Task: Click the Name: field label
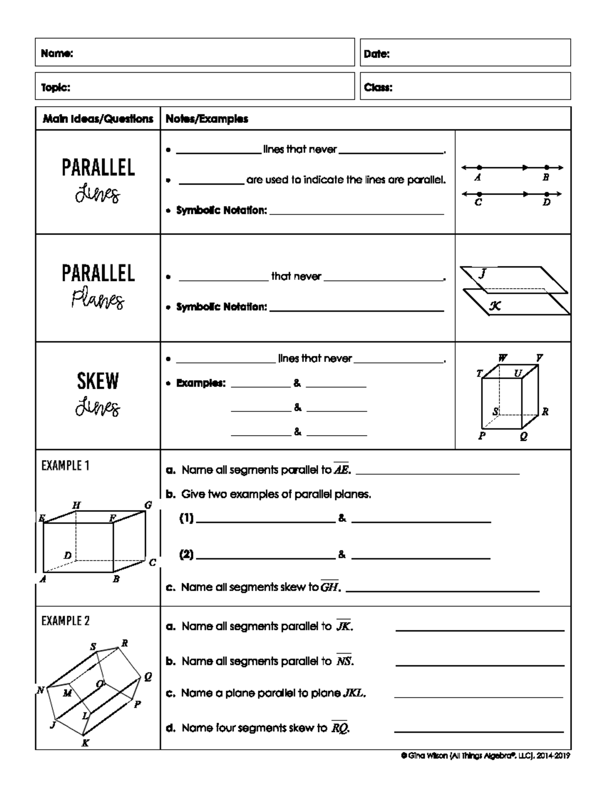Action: tap(57, 54)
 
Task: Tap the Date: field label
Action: tap(377, 54)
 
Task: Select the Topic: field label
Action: tap(56, 87)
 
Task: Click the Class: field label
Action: tap(378, 87)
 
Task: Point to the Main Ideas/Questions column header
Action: tap(98, 119)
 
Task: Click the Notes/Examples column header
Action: tap(207, 119)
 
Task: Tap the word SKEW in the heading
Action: tap(97, 381)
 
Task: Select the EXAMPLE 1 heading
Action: tap(66, 466)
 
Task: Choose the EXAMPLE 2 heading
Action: tap(66, 621)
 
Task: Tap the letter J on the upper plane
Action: tap(482, 273)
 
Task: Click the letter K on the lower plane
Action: tap(495, 305)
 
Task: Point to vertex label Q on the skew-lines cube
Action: tap(523, 437)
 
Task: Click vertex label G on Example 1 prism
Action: tap(148, 505)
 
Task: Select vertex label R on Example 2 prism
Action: tap(124, 643)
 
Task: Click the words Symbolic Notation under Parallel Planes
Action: tap(221, 307)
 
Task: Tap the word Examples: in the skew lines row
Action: tap(200, 383)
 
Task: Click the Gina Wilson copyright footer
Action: tap(485, 756)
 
